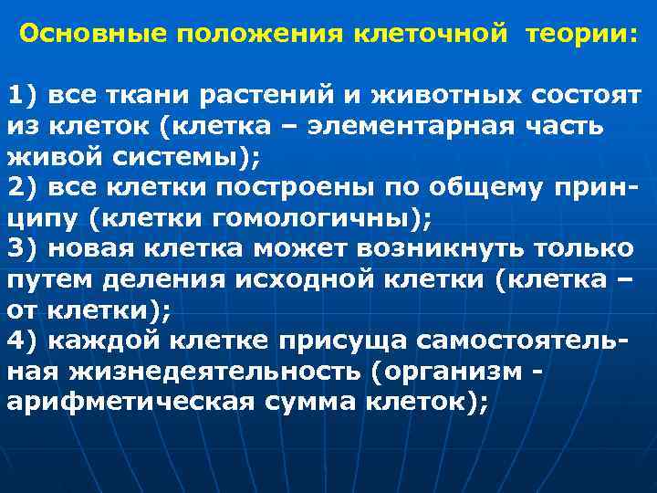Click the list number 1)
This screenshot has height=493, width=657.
point(26,95)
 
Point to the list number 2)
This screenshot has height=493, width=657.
point(26,187)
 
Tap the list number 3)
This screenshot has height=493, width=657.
point(26,249)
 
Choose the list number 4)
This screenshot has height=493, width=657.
point(26,341)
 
